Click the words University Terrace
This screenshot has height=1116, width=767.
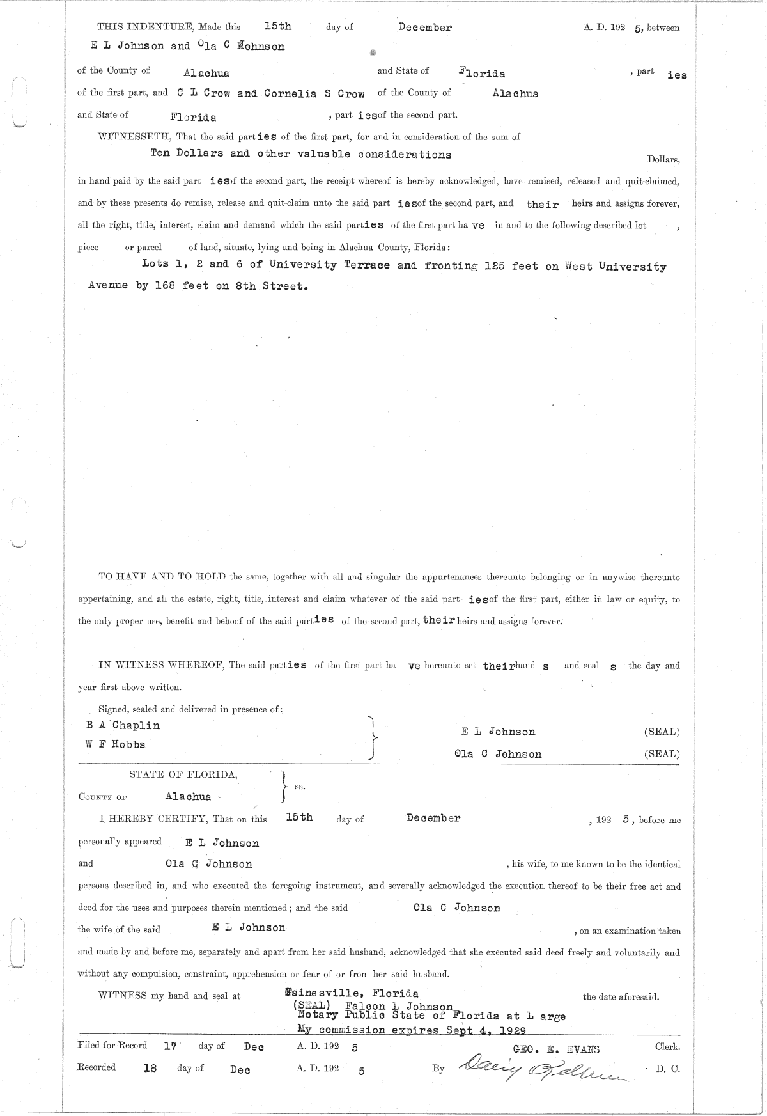click(329, 265)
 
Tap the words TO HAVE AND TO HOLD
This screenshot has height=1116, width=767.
click(162, 577)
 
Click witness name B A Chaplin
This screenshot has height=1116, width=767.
click(123, 725)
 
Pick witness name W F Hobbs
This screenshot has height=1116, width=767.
click(115, 744)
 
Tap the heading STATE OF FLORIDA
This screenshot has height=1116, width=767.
click(184, 774)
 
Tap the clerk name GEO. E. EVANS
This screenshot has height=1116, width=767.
click(556, 1049)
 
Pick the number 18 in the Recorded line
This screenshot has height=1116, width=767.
click(150, 1067)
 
